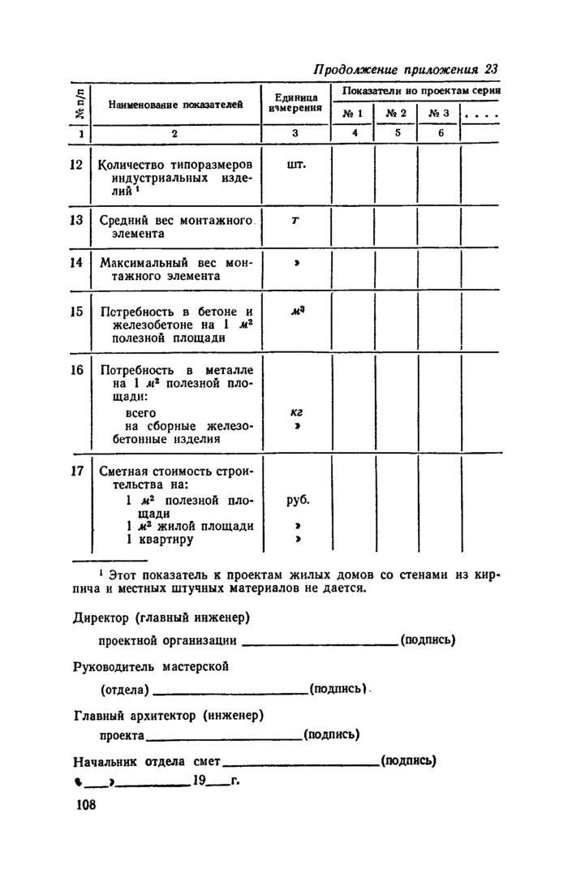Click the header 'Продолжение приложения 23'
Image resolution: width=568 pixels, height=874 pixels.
pyautogui.click(x=403, y=69)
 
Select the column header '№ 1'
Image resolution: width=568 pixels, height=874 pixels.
pyautogui.click(x=352, y=114)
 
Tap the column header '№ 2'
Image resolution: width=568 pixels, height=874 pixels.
pyautogui.click(x=395, y=114)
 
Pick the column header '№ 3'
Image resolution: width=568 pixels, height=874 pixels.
pyautogui.click(x=439, y=114)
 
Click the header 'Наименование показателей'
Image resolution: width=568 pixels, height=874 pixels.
pyautogui.click(x=176, y=105)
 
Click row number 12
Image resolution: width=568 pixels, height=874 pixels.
pyautogui.click(x=78, y=165)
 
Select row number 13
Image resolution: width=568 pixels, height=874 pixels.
pyautogui.click(x=78, y=219)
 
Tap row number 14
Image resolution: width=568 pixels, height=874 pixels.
pyautogui.click(x=78, y=262)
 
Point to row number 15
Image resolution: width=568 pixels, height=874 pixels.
pyautogui.click(x=78, y=311)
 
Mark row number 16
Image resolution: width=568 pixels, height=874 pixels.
pyautogui.click(x=78, y=370)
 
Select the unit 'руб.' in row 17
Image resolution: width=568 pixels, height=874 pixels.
pyautogui.click(x=298, y=500)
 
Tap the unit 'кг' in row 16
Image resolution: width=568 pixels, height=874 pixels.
pyautogui.click(x=296, y=412)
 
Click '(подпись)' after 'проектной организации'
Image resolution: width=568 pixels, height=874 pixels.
pyautogui.click(x=428, y=640)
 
